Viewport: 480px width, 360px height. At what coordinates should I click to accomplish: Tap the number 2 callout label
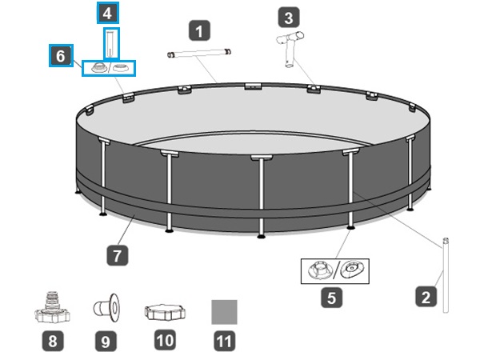click(x=426, y=298)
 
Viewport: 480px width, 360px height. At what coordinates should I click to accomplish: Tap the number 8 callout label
click(x=53, y=341)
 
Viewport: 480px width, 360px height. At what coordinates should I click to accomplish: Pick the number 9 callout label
click(x=106, y=341)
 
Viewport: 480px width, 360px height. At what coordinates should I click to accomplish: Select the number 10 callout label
click(x=165, y=340)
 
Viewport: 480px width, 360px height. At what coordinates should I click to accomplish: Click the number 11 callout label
click(x=224, y=341)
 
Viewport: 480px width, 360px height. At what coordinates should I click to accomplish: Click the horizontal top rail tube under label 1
click(x=200, y=54)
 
